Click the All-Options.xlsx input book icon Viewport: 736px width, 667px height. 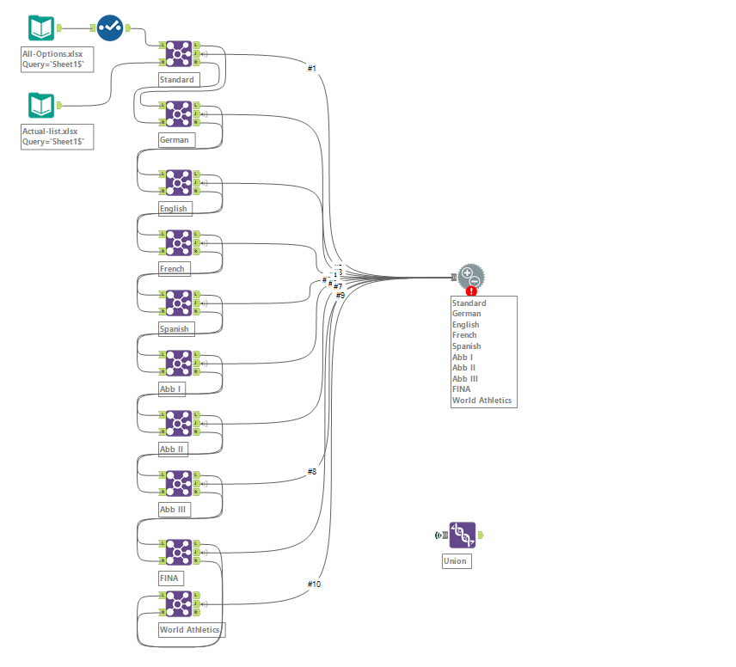41,28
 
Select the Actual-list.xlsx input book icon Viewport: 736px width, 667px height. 41,106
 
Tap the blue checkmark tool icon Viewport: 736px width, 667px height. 109,28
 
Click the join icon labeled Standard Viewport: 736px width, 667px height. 179,53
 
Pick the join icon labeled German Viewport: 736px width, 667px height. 179,113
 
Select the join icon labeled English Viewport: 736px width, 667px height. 179,182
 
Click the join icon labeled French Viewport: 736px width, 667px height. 179,242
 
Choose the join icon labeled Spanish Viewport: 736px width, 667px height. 179,303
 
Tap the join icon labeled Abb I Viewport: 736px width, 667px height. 179,363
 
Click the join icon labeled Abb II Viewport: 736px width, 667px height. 179,423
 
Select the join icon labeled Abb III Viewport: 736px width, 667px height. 179,483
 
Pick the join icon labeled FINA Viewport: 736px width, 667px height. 179,552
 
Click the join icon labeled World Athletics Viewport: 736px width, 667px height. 179,604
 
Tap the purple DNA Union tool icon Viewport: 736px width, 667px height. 462,535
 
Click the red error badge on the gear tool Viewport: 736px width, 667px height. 471,291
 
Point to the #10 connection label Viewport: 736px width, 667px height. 314,584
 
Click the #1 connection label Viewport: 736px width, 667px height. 312,68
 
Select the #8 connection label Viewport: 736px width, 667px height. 311,472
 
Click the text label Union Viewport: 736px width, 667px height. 456,561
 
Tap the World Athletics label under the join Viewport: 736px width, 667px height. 190,630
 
